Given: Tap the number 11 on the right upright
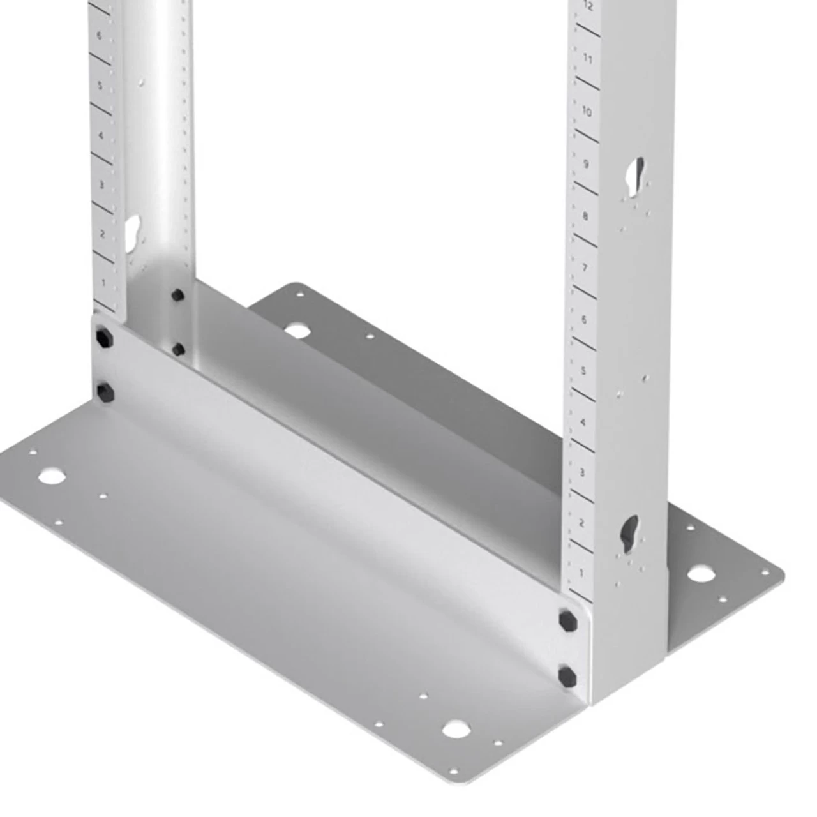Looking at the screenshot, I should point(588,59).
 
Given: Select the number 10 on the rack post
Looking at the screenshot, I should point(587,112).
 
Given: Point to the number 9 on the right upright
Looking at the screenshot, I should point(586,164).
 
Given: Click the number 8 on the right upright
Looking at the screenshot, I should point(585,216).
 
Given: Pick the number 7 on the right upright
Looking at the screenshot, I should point(585,267).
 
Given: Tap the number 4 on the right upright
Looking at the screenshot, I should point(583,423).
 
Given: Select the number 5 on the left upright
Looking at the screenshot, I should point(100,85).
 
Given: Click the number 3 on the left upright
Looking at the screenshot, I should point(101,184).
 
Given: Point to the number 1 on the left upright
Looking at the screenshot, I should point(103,281).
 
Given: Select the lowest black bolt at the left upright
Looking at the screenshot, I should point(103,389).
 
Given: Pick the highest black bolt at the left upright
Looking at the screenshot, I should point(177,295).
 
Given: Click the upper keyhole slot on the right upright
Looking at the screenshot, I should point(636,176).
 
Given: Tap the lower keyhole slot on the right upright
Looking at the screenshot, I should point(630,532).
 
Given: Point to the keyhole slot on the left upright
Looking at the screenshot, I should point(133,230).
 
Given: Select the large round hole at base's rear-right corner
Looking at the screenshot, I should point(700,573).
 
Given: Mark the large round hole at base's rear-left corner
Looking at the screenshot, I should point(295,331).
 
